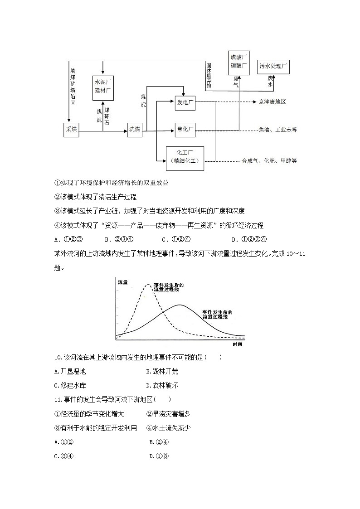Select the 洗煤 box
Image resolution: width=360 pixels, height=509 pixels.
coord(135,130)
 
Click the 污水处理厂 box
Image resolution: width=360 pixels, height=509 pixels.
coord(273,67)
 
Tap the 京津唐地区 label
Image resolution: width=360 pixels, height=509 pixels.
coord(272,102)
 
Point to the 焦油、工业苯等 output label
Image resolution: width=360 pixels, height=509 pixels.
coord(277,130)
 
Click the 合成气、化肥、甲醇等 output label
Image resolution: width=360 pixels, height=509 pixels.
coord(269,160)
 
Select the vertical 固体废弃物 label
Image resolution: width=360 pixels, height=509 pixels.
coord(209,75)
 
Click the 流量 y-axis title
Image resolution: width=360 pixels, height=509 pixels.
coord(122,282)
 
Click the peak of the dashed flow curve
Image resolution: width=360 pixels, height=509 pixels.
coord(147,285)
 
